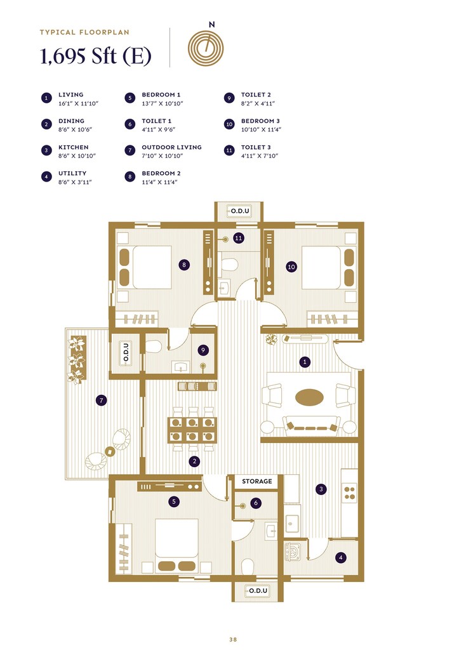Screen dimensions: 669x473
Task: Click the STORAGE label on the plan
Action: pyautogui.click(x=256, y=482)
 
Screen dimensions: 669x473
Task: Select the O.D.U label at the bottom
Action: pyautogui.click(x=256, y=590)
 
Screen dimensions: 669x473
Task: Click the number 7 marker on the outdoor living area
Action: pyautogui.click(x=100, y=401)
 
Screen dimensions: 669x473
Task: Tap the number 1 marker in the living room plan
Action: pyautogui.click(x=305, y=362)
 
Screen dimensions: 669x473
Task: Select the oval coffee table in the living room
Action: pyautogui.click(x=309, y=397)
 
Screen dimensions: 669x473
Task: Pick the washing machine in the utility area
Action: pyautogui.click(x=295, y=551)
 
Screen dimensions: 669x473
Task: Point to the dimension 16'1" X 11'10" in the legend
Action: pyautogui.click(x=79, y=103)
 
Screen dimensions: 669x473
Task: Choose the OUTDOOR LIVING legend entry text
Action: pyautogui.click(x=171, y=147)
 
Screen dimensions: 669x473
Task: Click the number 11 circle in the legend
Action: pyautogui.click(x=229, y=150)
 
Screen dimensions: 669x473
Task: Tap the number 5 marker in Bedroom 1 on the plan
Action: pyautogui.click(x=175, y=501)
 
